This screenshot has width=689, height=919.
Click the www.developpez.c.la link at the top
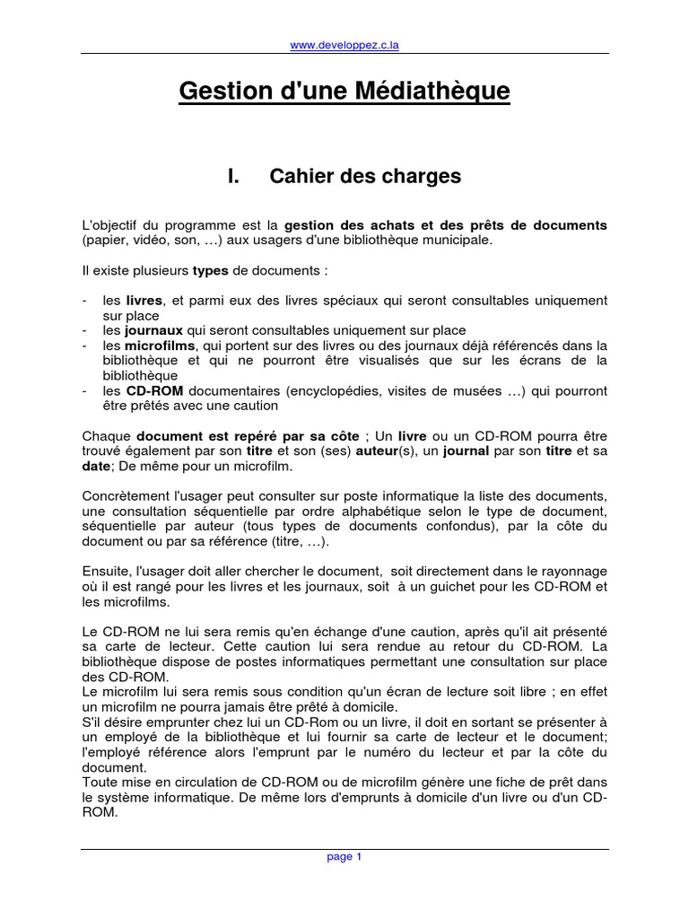pyautogui.click(x=345, y=46)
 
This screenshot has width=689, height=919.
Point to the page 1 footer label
pyautogui.click(x=344, y=857)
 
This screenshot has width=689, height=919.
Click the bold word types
pyautogui.click(x=211, y=270)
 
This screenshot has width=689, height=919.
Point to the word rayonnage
pyautogui.click(x=571, y=571)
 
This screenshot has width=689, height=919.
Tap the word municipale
pyautogui.click(x=450, y=240)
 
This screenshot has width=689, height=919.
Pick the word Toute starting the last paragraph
pyautogui.click(x=98, y=781)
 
